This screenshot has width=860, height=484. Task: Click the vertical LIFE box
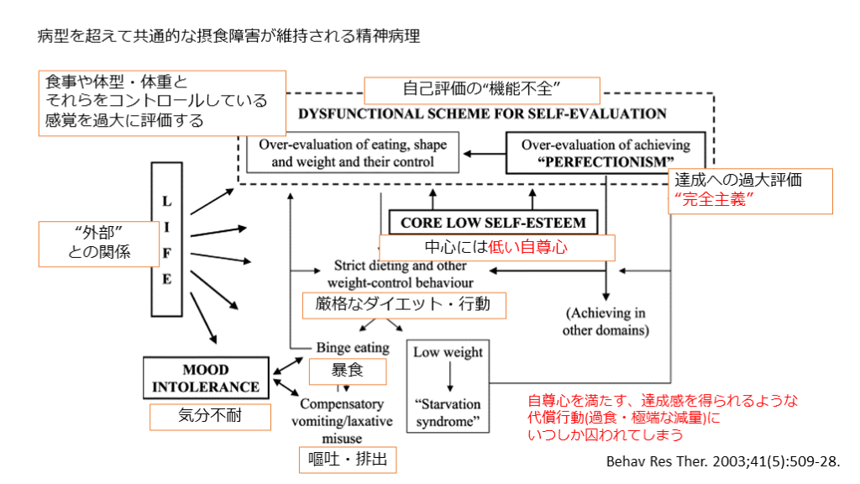[167, 240]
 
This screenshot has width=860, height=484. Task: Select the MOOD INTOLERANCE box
[206, 378]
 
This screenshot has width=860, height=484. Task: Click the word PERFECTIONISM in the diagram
[605, 161]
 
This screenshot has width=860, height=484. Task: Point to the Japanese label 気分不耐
[210, 416]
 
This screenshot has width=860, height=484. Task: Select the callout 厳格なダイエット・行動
[404, 304]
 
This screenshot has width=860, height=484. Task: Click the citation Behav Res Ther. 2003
[722, 461]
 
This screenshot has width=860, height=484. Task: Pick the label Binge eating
[353, 347]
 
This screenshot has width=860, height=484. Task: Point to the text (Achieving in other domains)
[606, 322]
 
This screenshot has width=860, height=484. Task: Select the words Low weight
[448, 352]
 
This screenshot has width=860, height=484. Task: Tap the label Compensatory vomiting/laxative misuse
[341, 420]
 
